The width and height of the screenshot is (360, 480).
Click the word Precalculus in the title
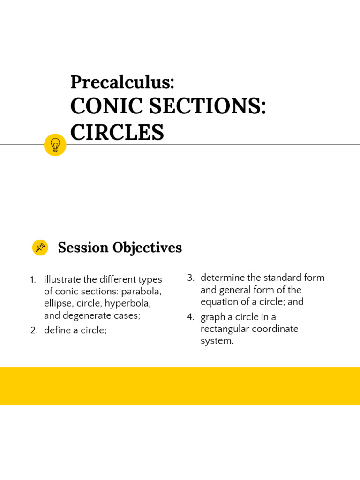coord(121,82)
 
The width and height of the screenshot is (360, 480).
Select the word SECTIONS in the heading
coord(207,107)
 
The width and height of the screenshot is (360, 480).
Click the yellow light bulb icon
coord(55,144)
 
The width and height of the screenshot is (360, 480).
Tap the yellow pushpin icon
coord(40,247)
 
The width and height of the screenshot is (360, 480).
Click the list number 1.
coord(33,280)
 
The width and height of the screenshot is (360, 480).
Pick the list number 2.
coord(34,330)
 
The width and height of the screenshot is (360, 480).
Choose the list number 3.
coord(190,277)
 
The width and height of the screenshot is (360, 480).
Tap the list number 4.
coord(190,317)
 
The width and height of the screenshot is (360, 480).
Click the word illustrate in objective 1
coord(62,280)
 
